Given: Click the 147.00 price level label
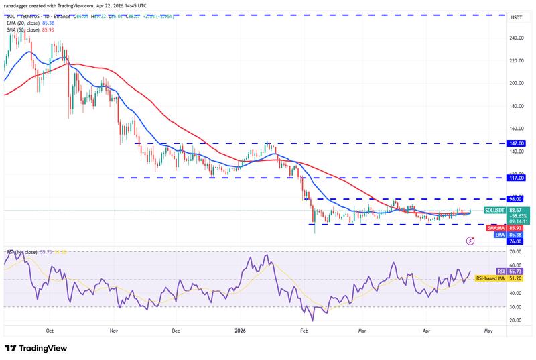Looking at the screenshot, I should click(517, 143).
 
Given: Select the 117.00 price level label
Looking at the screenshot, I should click(517, 178).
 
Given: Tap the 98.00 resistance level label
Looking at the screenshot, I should click(517, 199).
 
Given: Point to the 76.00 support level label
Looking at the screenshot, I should click(516, 241).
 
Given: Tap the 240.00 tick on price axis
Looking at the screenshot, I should click(516, 38).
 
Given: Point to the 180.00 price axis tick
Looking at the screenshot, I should click(516, 106).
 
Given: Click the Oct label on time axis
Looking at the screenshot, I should click(50, 330).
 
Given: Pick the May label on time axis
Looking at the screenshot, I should click(488, 330).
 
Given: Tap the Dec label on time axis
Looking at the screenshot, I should click(176, 330).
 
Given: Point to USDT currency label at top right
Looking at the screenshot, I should click(516, 18).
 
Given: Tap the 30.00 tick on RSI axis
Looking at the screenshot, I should click(515, 307).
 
